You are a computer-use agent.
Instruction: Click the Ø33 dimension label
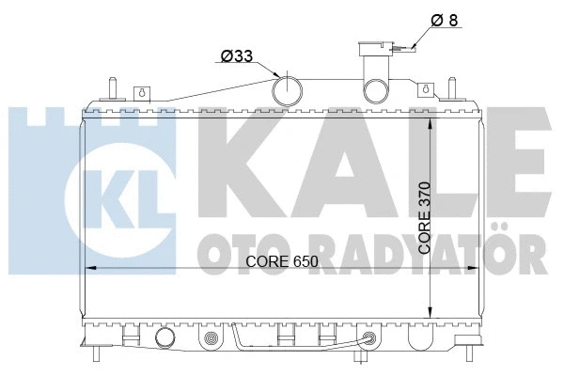click(236, 57)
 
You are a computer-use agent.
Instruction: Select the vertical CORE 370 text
click(425, 217)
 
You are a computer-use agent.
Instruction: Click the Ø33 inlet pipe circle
click(288, 89)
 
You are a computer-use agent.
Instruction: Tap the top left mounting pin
click(112, 85)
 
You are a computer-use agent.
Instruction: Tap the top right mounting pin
click(453, 85)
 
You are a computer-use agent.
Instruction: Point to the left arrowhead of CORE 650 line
click(91, 270)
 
